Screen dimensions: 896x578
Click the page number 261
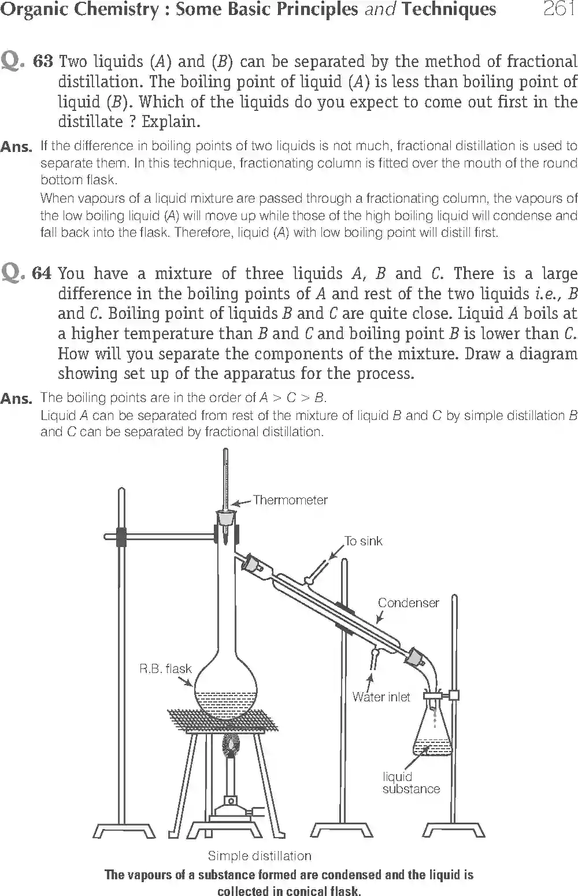click(558, 10)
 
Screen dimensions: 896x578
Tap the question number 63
click(43, 61)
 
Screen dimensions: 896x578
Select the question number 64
click(42, 273)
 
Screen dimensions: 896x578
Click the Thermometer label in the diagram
click(290, 500)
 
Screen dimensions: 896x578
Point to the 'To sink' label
click(363, 541)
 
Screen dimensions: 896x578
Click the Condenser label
click(408, 603)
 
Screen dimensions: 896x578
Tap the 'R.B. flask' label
click(165, 669)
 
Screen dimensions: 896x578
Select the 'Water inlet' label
click(381, 697)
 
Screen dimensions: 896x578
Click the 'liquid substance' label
click(410, 783)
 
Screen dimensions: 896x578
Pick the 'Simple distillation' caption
click(260, 856)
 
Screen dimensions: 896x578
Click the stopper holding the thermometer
click(225, 517)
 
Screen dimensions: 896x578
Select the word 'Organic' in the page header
click(37, 10)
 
